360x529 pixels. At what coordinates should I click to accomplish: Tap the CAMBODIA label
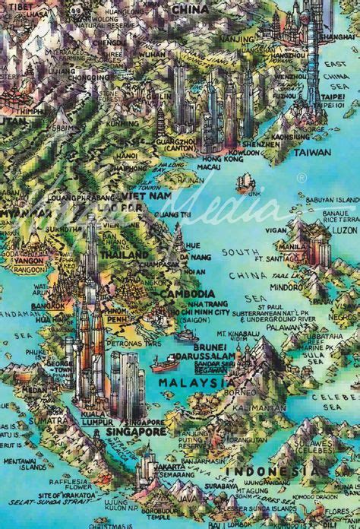188,293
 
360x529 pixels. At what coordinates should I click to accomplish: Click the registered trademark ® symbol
302,177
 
